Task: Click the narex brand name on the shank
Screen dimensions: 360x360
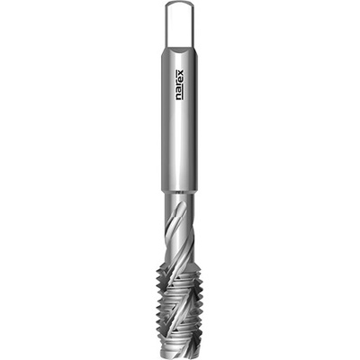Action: pos(180,85)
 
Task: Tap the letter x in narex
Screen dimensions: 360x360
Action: pos(181,73)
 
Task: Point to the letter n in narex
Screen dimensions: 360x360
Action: pos(181,97)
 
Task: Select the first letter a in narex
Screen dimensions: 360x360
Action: pos(181,91)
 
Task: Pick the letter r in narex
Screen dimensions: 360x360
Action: pos(181,85)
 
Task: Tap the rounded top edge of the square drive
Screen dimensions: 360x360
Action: pos(180,4)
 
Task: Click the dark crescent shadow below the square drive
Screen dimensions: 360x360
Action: pos(179,51)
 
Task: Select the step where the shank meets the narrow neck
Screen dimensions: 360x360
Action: pos(180,191)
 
